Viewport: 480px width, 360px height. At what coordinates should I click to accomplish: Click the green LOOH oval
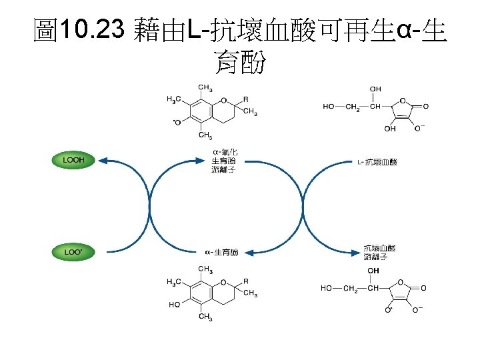coord(73,161)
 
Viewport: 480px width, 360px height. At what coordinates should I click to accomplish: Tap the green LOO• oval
coord(73,252)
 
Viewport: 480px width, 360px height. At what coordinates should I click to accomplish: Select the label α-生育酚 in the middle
coord(221,252)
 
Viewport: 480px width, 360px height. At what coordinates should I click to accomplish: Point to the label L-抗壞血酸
coord(377,162)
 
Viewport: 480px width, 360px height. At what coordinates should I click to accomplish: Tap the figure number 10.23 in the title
coord(91,29)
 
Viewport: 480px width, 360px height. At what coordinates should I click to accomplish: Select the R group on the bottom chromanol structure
coord(246,281)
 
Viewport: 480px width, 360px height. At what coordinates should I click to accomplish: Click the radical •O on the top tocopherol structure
coord(178,121)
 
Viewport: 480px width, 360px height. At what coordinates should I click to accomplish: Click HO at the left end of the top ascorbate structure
coord(329,106)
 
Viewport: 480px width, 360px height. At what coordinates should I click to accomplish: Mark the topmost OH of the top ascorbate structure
coord(375,89)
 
